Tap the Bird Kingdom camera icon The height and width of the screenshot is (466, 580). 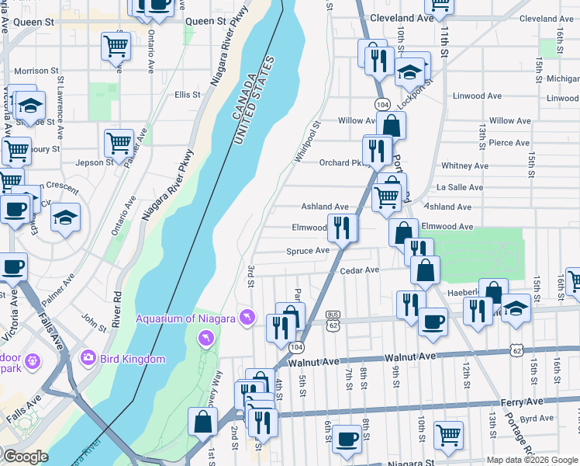88,358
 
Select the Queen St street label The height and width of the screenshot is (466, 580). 33,23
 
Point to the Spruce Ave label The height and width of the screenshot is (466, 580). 308,251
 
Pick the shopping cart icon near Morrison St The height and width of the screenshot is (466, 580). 116,46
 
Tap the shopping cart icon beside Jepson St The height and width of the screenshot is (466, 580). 119,141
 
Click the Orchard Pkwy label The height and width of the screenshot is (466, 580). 340,163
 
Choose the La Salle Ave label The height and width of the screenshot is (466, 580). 460,187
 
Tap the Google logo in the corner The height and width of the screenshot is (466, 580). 25,457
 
